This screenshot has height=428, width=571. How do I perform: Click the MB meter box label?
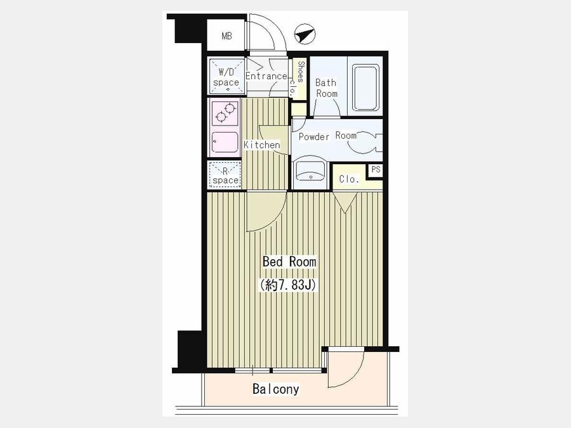pos(226,36)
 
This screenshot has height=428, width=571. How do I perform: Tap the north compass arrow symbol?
pos(305,34)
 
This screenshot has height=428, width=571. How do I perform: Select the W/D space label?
pos(226,77)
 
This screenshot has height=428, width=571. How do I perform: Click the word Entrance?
pos(266,76)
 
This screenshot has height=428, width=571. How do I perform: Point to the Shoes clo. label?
pos(298,77)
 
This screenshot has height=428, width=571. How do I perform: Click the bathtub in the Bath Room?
pos(366,88)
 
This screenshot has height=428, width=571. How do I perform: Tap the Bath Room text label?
pos(326,88)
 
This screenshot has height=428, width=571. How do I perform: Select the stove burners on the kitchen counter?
pos(225,112)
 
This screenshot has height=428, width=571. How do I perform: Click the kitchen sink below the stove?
pos(225,142)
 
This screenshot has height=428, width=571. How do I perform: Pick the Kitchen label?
pos(262,145)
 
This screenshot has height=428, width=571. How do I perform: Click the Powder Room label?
pos(327,136)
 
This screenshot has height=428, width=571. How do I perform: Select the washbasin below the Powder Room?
pos(311,171)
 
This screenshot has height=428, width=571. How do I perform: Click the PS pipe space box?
pos(376,170)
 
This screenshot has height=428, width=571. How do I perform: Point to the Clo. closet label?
pos(349,179)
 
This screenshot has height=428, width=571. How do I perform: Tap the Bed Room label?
pos(289,262)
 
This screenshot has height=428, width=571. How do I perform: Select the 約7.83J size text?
pos(287,285)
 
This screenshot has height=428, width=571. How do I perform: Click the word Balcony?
pos(276,389)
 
